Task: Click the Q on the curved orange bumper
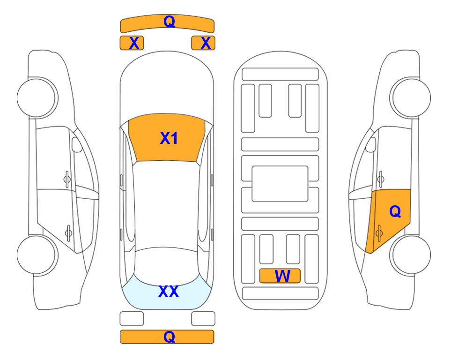(x=169, y=22)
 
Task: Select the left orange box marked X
(x=132, y=43)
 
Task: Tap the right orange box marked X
(x=203, y=43)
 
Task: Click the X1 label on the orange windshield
(x=169, y=138)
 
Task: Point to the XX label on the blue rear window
(x=169, y=292)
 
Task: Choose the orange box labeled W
(x=280, y=276)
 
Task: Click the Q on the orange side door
(x=395, y=212)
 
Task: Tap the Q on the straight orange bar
(x=169, y=337)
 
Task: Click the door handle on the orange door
(x=379, y=233)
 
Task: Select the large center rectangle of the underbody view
(x=280, y=184)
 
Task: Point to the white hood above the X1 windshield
(x=167, y=86)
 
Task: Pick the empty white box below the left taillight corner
(x=132, y=319)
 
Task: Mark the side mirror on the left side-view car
(x=77, y=144)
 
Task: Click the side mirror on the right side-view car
(x=370, y=144)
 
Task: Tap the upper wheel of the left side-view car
(x=37, y=97)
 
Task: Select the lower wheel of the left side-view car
(x=37, y=255)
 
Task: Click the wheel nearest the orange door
(x=410, y=255)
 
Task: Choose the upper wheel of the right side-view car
(x=410, y=97)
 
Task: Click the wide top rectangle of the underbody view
(x=280, y=75)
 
